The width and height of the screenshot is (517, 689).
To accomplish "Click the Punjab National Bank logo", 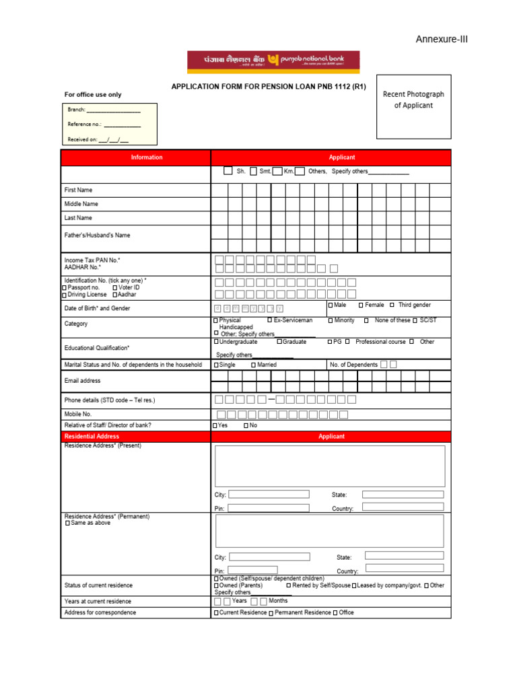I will tap(273, 62).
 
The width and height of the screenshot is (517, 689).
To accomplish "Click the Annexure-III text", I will tap(441, 39).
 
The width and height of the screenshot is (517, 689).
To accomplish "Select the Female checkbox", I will tap(361, 305).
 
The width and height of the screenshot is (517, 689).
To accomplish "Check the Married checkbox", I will tap(254, 365).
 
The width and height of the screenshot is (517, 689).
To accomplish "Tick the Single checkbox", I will tap(216, 365).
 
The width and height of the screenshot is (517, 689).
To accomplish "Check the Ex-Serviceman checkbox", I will tap(270, 320).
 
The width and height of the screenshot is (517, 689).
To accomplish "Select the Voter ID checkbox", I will tap(115, 288).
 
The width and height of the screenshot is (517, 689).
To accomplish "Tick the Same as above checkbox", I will tap(67, 523).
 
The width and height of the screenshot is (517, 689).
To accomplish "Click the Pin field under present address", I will tap(269, 508).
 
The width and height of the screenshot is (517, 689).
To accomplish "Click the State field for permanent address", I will tap(404, 556).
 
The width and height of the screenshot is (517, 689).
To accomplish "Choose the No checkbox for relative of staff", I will tap(246, 426).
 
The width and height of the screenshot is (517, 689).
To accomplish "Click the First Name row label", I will tap(79, 190).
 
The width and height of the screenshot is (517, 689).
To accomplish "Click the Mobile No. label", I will tap(78, 414).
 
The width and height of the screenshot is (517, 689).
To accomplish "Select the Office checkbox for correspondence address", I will tap(335, 613).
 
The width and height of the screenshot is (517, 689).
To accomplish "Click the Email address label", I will tap(82, 381).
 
